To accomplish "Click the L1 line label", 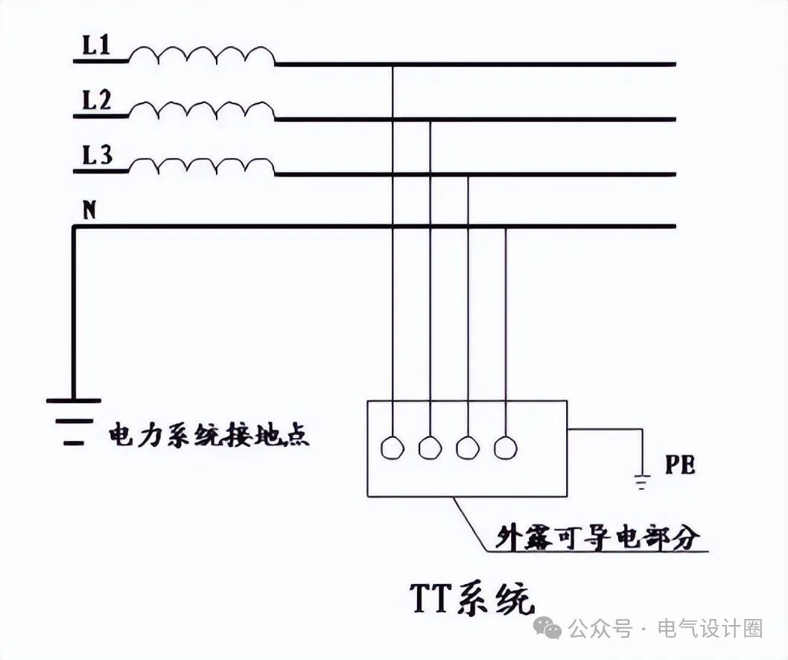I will click(x=95, y=48).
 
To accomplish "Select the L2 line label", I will click(x=97, y=102).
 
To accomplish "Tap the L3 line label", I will click(x=97, y=156).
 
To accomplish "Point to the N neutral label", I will click(x=89, y=211).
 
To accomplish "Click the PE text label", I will click(x=680, y=466).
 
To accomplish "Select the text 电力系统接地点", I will click(x=209, y=435).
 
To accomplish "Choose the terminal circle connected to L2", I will click(x=430, y=447).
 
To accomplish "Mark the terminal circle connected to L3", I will click(x=468, y=447).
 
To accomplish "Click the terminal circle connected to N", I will click(x=506, y=447).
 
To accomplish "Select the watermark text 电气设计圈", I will click(x=710, y=629).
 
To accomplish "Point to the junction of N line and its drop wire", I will click(x=506, y=227).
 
